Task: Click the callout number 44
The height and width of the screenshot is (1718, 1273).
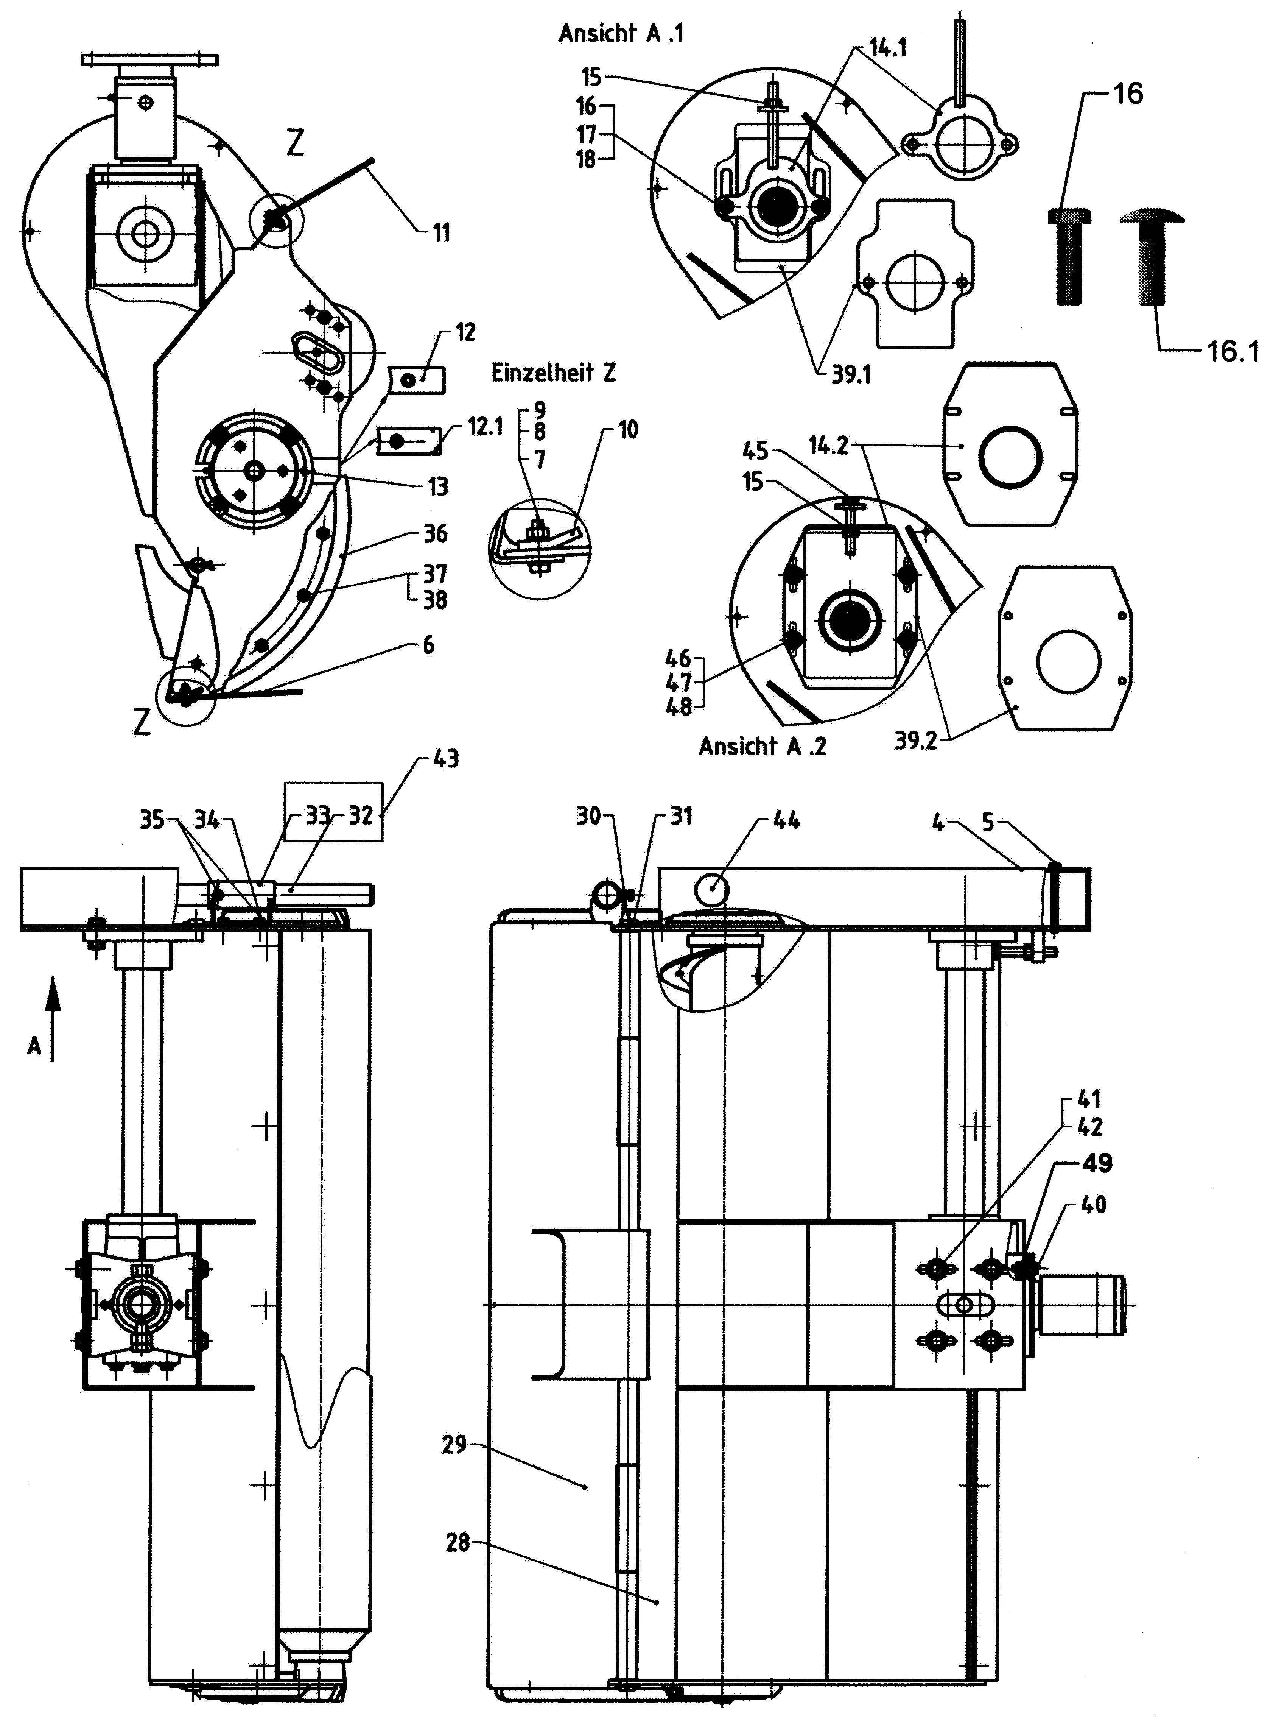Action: coord(786,819)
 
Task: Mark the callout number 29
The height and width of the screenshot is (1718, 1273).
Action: coord(454,1444)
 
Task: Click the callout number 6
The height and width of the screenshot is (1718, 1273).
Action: coord(428,644)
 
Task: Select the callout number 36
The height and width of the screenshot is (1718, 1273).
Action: coord(436,533)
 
